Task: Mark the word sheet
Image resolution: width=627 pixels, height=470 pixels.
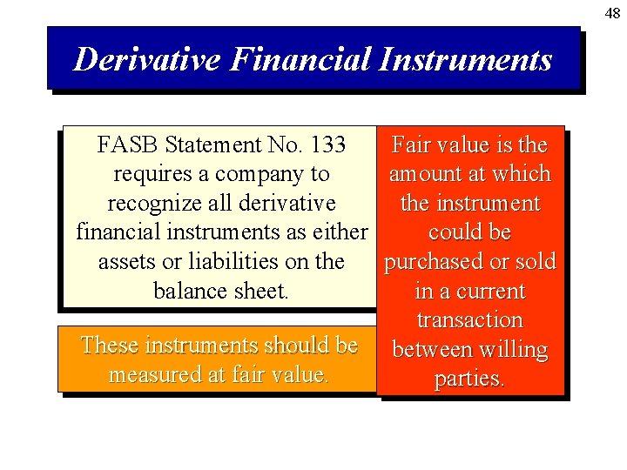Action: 264,291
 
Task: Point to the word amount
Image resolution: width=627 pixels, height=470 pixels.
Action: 426,174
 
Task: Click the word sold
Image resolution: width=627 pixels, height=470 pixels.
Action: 535,262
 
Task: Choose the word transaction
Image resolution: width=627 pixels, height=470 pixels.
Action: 469,320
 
